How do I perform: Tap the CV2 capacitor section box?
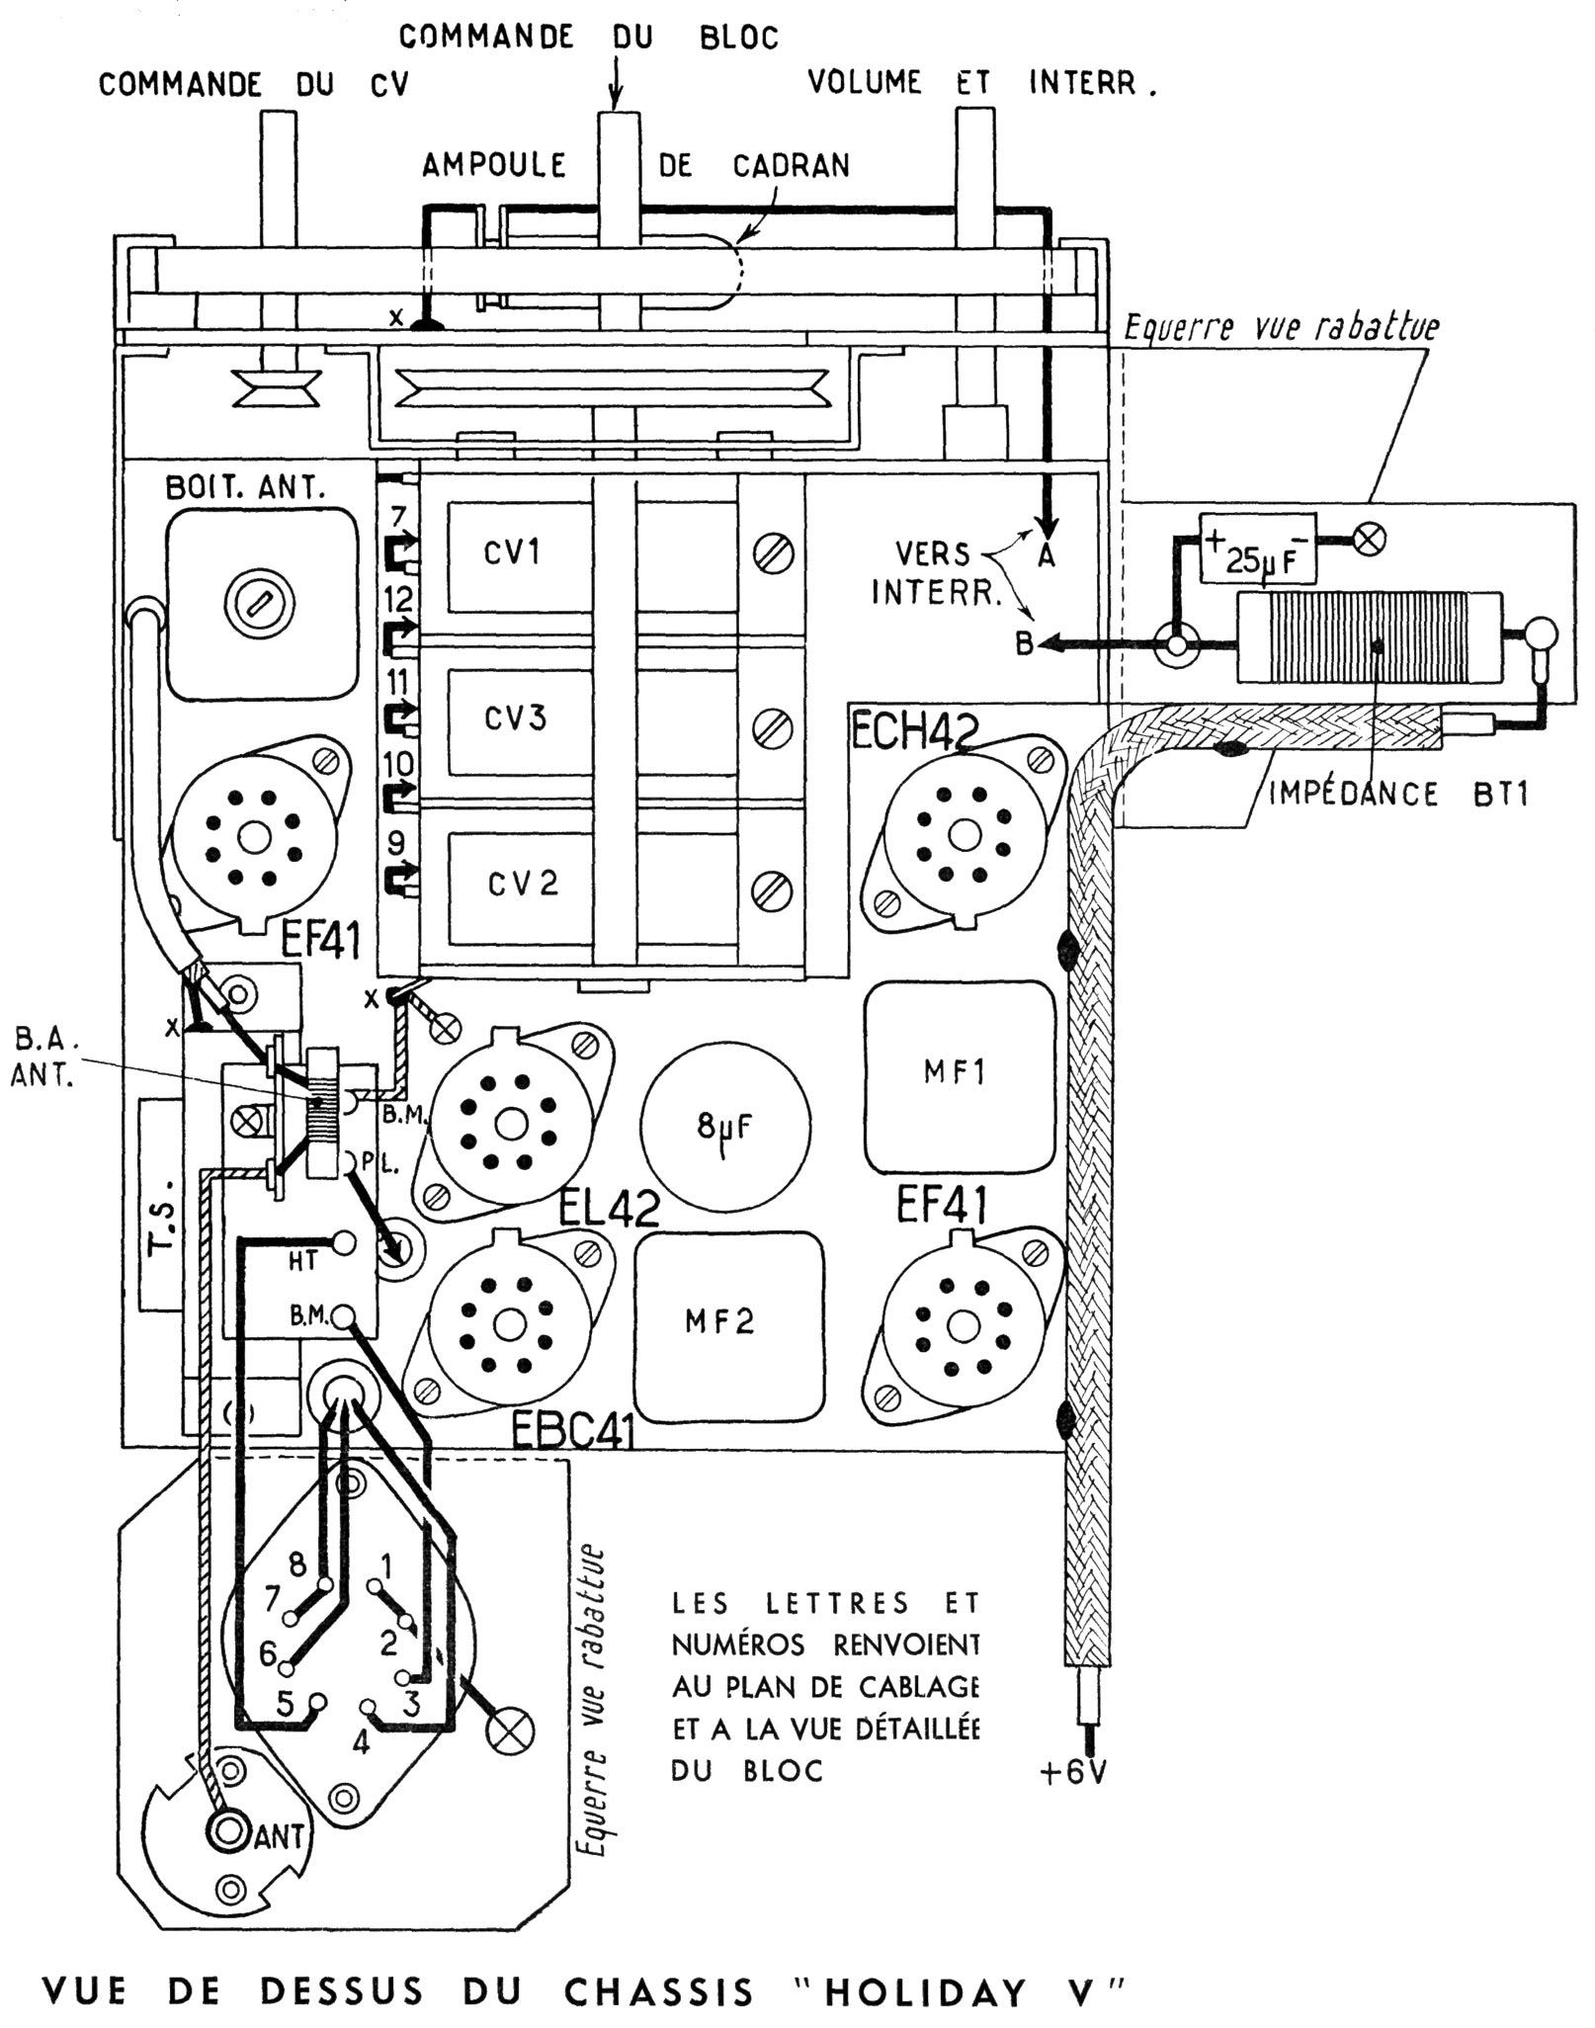[x=522, y=883]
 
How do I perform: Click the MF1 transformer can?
[x=955, y=1073]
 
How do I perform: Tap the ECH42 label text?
[x=914, y=732]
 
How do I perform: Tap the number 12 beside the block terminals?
[x=400, y=598]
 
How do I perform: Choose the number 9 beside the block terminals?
[x=396, y=843]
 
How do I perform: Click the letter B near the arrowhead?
[x=1024, y=644]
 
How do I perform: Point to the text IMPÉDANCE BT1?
[x=1397, y=794]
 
